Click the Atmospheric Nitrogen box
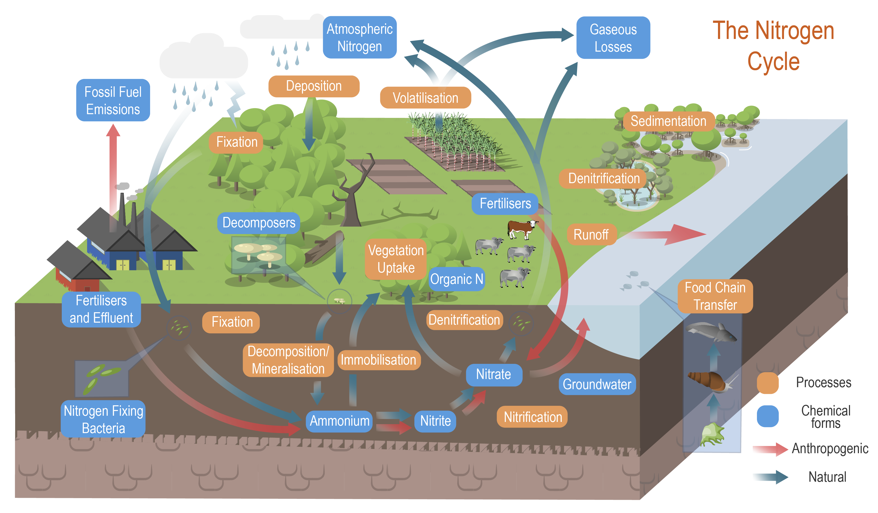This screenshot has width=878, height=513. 359,37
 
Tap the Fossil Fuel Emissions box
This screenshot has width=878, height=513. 113,100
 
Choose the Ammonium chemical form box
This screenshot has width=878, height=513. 339,421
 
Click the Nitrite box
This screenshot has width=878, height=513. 435,421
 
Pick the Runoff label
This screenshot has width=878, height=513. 591,235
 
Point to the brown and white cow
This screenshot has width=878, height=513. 521,229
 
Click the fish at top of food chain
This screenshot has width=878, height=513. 711,331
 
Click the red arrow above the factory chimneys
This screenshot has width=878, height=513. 113,167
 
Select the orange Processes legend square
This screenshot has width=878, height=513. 768,383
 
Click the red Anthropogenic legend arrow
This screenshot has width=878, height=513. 770,449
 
